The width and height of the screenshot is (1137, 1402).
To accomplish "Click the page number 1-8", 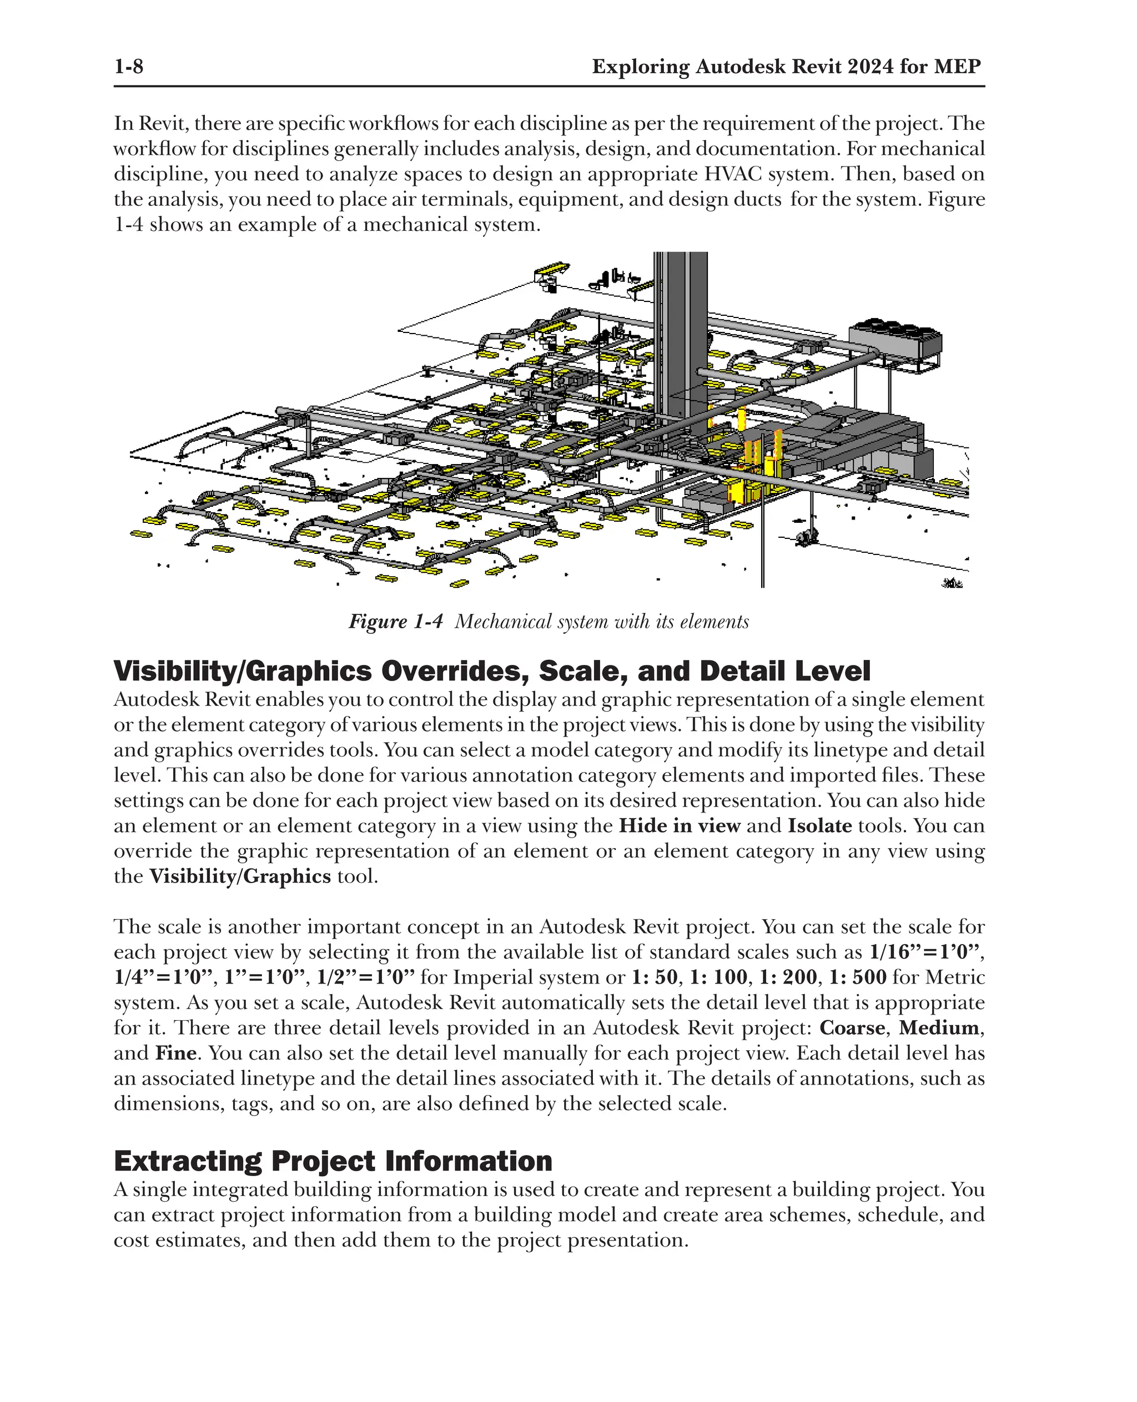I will click(x=128, y=67).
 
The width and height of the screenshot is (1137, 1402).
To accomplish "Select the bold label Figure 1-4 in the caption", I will click(x=396, y=622).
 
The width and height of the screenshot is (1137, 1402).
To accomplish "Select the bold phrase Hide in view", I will click(x=679, y=826).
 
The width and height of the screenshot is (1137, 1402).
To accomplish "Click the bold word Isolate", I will click(x=819, y=826).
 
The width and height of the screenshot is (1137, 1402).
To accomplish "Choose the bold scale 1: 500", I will click(x=857, y=977).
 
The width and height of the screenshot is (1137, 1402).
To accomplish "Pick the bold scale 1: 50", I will click(x=655, y=977).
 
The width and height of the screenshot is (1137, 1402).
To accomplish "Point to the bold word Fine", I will click(x=175, y=1053).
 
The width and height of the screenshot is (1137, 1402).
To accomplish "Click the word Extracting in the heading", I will click(x=187, y=1161).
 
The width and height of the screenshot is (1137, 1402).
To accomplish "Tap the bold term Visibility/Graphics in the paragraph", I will click(x=240, y=877).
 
